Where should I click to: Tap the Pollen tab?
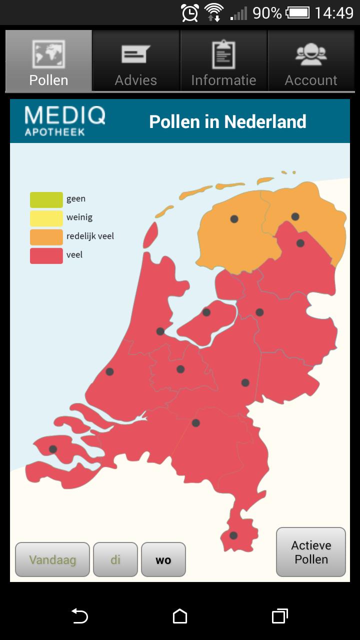48,61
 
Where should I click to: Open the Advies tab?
136,61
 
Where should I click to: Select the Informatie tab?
223,61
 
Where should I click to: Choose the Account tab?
311,61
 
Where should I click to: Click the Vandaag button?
52,559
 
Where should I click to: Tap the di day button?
115,559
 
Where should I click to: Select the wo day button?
163,559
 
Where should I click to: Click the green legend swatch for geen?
46,199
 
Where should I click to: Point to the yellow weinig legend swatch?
46,218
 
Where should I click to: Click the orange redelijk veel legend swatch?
46,236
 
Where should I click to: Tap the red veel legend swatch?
46,255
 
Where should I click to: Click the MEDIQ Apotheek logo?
65,120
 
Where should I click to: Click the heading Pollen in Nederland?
227,121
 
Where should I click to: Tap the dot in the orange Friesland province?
234,219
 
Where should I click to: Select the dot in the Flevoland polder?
206,312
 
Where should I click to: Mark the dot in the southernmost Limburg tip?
233,535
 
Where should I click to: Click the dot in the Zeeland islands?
53,449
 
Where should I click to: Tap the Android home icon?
180,616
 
